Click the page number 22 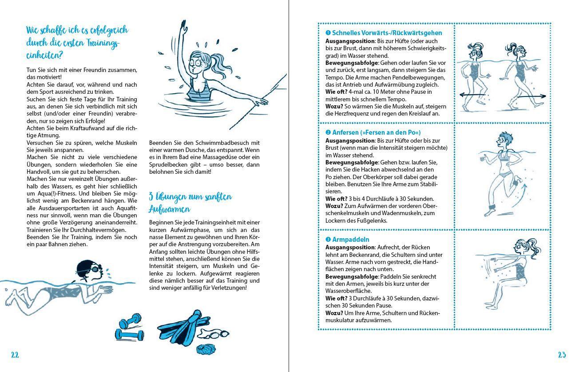pyautogui.click(x=15, y=355)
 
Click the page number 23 pyautogui.click(x=562, y=355)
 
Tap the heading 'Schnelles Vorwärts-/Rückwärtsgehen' pyautogui.click(x=387, y=33)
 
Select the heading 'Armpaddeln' pyautogui.click(x=350, y=240)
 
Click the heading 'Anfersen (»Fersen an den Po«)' pyautogui.click(x=376, y=132)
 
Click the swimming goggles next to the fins pyautogui.click(x=217, y=334)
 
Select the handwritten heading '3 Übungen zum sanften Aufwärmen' pyautogui.click(x=190, y=203)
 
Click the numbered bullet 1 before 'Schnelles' pyautogui.click(x=328, y=33)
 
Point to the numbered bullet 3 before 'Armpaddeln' pyautogui.click(x=328, y=240)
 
